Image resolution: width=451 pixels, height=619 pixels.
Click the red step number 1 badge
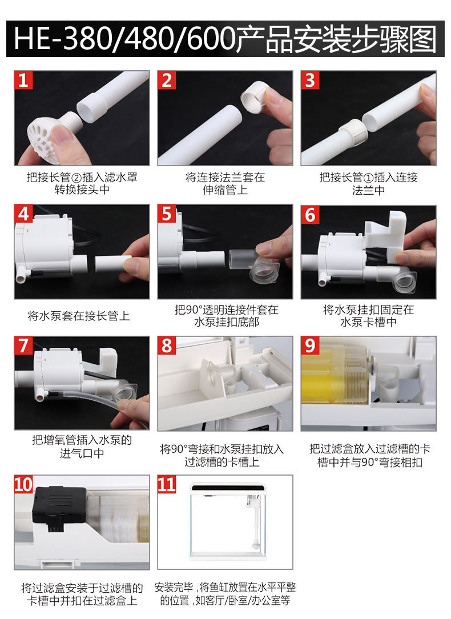pos(23,80)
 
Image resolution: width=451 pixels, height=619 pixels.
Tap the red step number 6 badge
pos(310,215)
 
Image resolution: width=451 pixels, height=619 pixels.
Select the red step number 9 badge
pos(310,346)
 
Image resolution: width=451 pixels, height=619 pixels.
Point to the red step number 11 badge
pos(167,484)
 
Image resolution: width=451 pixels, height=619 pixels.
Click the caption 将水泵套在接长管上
pos(79,316)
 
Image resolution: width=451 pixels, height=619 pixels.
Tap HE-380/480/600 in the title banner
pos(124,39)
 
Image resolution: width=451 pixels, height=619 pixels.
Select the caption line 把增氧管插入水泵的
pos(82,440)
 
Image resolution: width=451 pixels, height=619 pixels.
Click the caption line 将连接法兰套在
pos(226,177)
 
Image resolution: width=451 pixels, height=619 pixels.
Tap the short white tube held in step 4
pos(112,264)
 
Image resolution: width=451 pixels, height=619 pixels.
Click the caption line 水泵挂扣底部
pos(227,322)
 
